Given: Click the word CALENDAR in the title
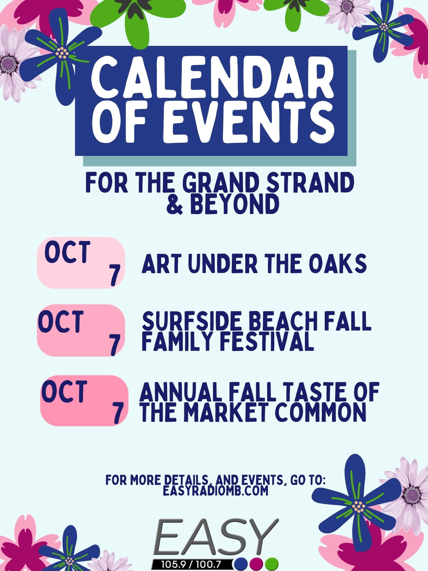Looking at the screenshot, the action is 212,82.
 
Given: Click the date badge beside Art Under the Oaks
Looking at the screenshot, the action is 81,263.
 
